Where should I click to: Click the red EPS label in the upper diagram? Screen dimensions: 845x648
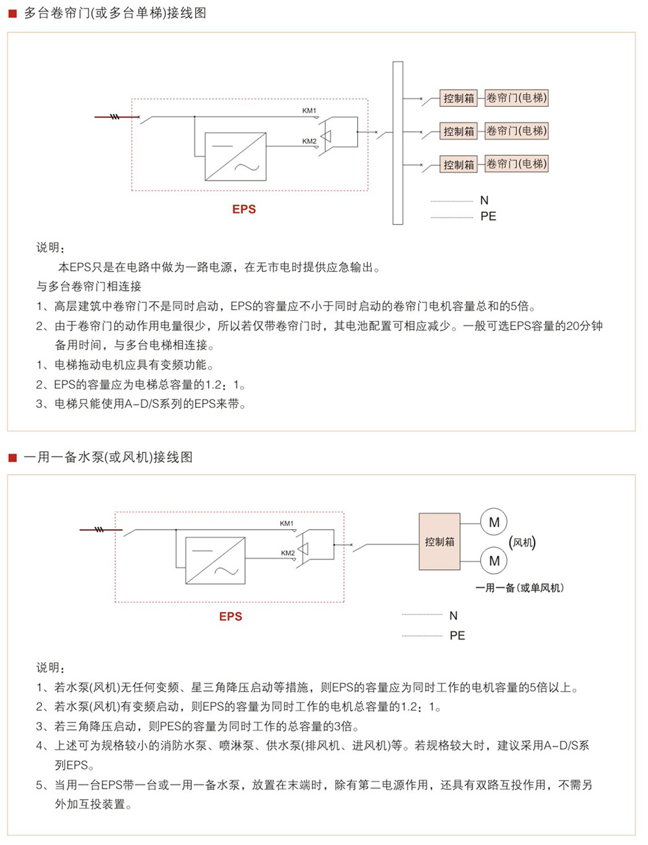click(x=244, y=209)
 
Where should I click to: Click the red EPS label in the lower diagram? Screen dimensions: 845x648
click(x=231, y=616)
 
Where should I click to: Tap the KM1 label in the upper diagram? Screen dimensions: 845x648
click(x=309, y=111)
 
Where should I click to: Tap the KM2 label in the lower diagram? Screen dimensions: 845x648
click(x=288, y=553)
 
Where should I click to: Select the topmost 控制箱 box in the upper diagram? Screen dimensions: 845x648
click(x=459, y=98)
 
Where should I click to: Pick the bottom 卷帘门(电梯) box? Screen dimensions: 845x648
click(x=516, y=164)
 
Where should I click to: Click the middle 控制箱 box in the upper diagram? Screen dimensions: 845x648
click(x=459, y=131)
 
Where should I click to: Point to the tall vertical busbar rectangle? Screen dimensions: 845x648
click(x=398, y=143)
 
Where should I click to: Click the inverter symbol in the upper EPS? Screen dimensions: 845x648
click(x=235, y=157)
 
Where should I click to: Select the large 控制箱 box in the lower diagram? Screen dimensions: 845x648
click(x=439, y=542)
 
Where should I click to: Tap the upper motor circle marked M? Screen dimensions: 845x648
click(x=494, y=523)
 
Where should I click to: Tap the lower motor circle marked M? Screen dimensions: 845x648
click(x=494, y=561)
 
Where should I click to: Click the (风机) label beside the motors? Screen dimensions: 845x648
click(x=522, y=543)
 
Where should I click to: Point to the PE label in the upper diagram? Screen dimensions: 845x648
click(x=489, y=216)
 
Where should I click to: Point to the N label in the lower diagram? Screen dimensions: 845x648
click(x=454, y=616)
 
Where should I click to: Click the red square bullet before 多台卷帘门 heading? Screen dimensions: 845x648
click(x=12, y=14)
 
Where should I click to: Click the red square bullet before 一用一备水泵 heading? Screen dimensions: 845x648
click(x=12, y=458)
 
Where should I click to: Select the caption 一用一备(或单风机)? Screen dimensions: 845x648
click(x=520, y=588)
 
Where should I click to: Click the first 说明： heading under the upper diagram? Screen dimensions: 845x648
click(x=51, y=247)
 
